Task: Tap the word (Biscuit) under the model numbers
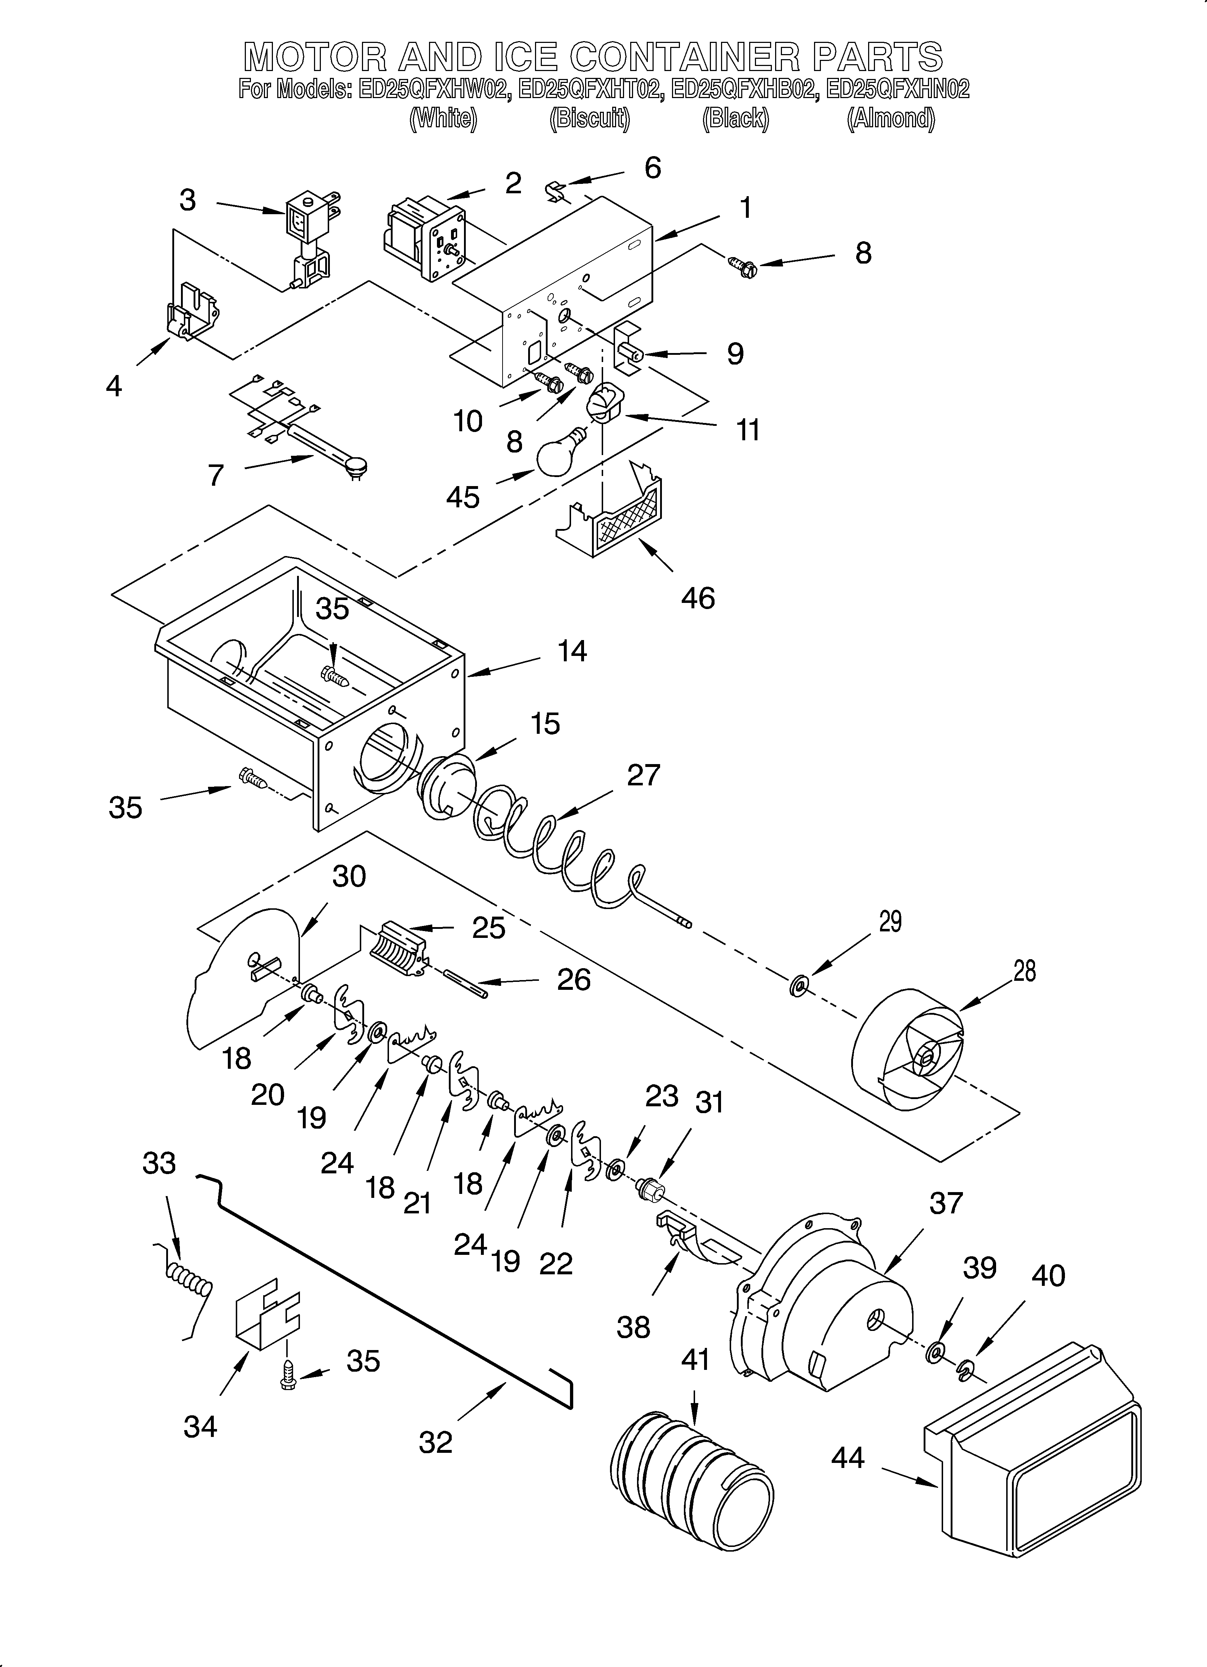pos(589,119)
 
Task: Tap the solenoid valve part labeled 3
pos(309,235)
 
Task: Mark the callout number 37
pos(945,1203)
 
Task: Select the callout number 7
pos(215,476)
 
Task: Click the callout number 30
pos(348,876)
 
